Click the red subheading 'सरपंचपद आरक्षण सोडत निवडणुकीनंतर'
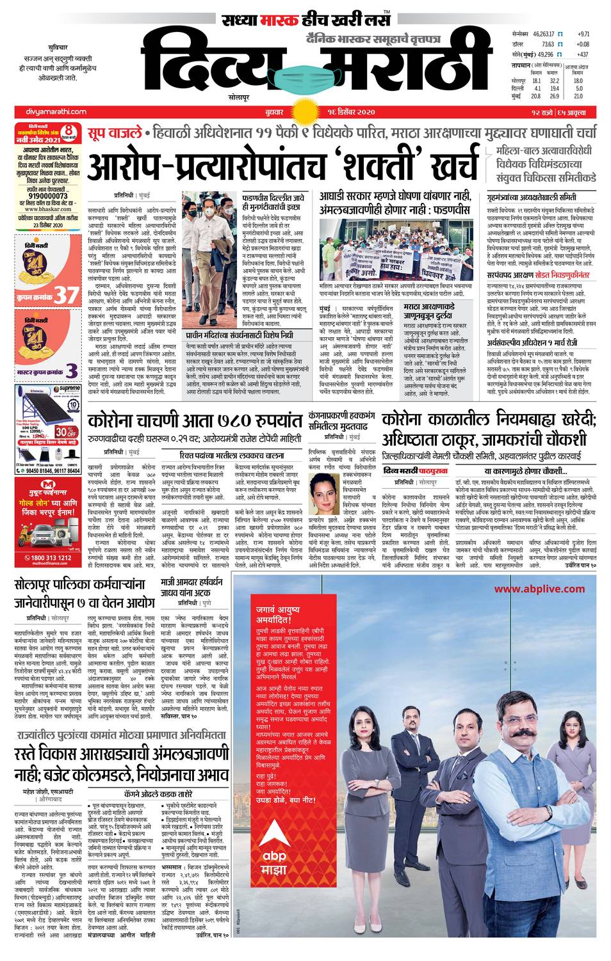537,275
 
